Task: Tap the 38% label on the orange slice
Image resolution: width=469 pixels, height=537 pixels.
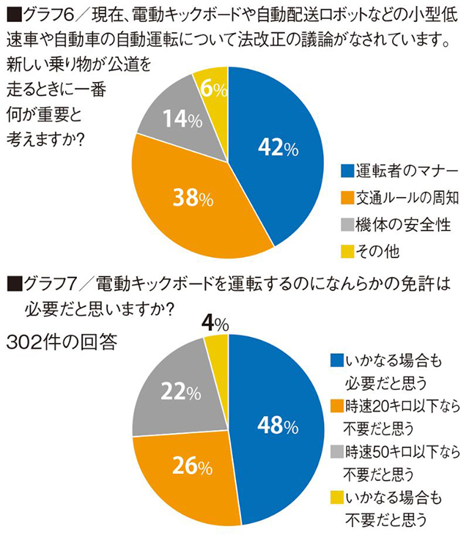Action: (x=193, y=198)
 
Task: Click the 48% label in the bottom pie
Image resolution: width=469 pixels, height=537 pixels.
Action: (x=277, y=425)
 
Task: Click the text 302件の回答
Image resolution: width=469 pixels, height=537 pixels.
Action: (x=62, y=343)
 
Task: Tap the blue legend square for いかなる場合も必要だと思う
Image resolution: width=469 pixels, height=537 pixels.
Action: (x=337, y=360)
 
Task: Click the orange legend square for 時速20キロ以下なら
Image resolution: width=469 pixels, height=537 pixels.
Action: (x=337, y=404)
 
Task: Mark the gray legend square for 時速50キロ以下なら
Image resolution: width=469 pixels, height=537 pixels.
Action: (x=337, y=449)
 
